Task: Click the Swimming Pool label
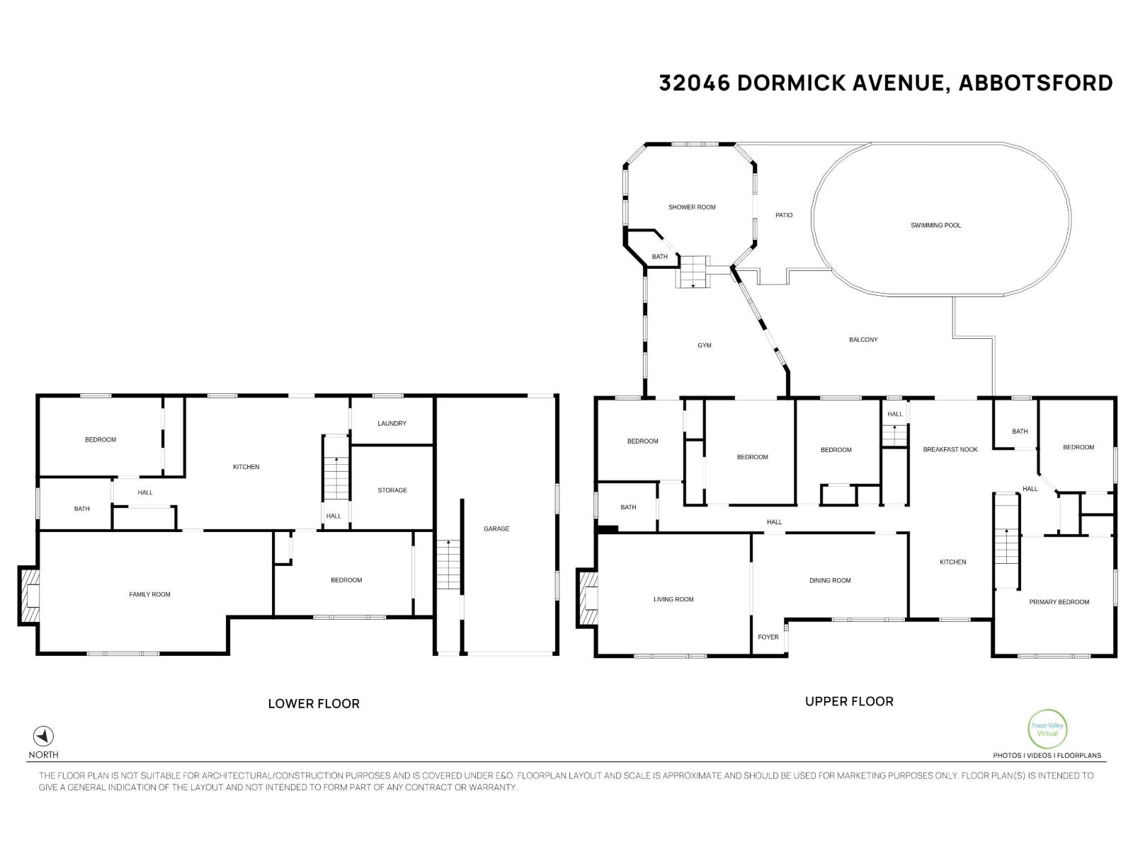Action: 935,225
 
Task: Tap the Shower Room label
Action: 692,207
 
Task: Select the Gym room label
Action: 704,345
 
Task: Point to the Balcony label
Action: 863,340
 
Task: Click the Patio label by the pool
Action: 784,215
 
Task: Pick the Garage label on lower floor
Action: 496,529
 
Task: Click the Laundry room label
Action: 392,424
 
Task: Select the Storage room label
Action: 392,490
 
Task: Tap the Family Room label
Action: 149,594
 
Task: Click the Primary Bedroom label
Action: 1059,602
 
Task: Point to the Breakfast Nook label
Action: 950,450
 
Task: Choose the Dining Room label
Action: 830,581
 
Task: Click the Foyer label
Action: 768,637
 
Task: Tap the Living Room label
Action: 673,599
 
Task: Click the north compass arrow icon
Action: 44,736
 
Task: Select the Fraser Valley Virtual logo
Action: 1047,729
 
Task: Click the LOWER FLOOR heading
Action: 314,704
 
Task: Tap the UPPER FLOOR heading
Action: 849,702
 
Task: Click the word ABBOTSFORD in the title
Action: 1035,83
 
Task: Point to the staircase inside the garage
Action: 448,565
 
